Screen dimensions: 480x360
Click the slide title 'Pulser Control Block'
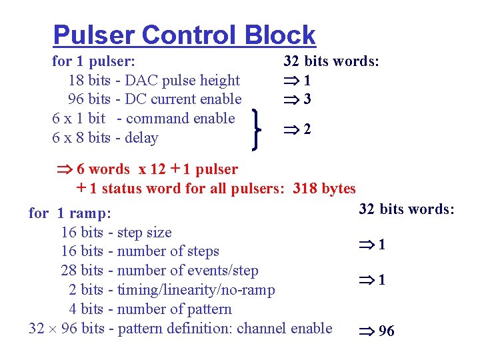tap(184, 35)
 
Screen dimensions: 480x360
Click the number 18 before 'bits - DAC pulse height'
tap(77, 81)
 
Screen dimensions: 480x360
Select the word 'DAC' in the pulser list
tap(138, 81)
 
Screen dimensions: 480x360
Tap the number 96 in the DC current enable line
tap(77, 100)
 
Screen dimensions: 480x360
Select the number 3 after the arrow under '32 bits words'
tap(307, 100)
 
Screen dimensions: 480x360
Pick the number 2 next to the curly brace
tap(307, 129)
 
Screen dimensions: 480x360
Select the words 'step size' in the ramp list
tap(144, 233)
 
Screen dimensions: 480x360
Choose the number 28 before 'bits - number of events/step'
tap(69, 271)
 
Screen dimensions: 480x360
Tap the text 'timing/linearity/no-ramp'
tap(196, 290)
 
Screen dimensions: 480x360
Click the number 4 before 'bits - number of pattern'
tap(73, 309)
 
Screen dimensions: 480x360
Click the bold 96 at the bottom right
tap(386, 331)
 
